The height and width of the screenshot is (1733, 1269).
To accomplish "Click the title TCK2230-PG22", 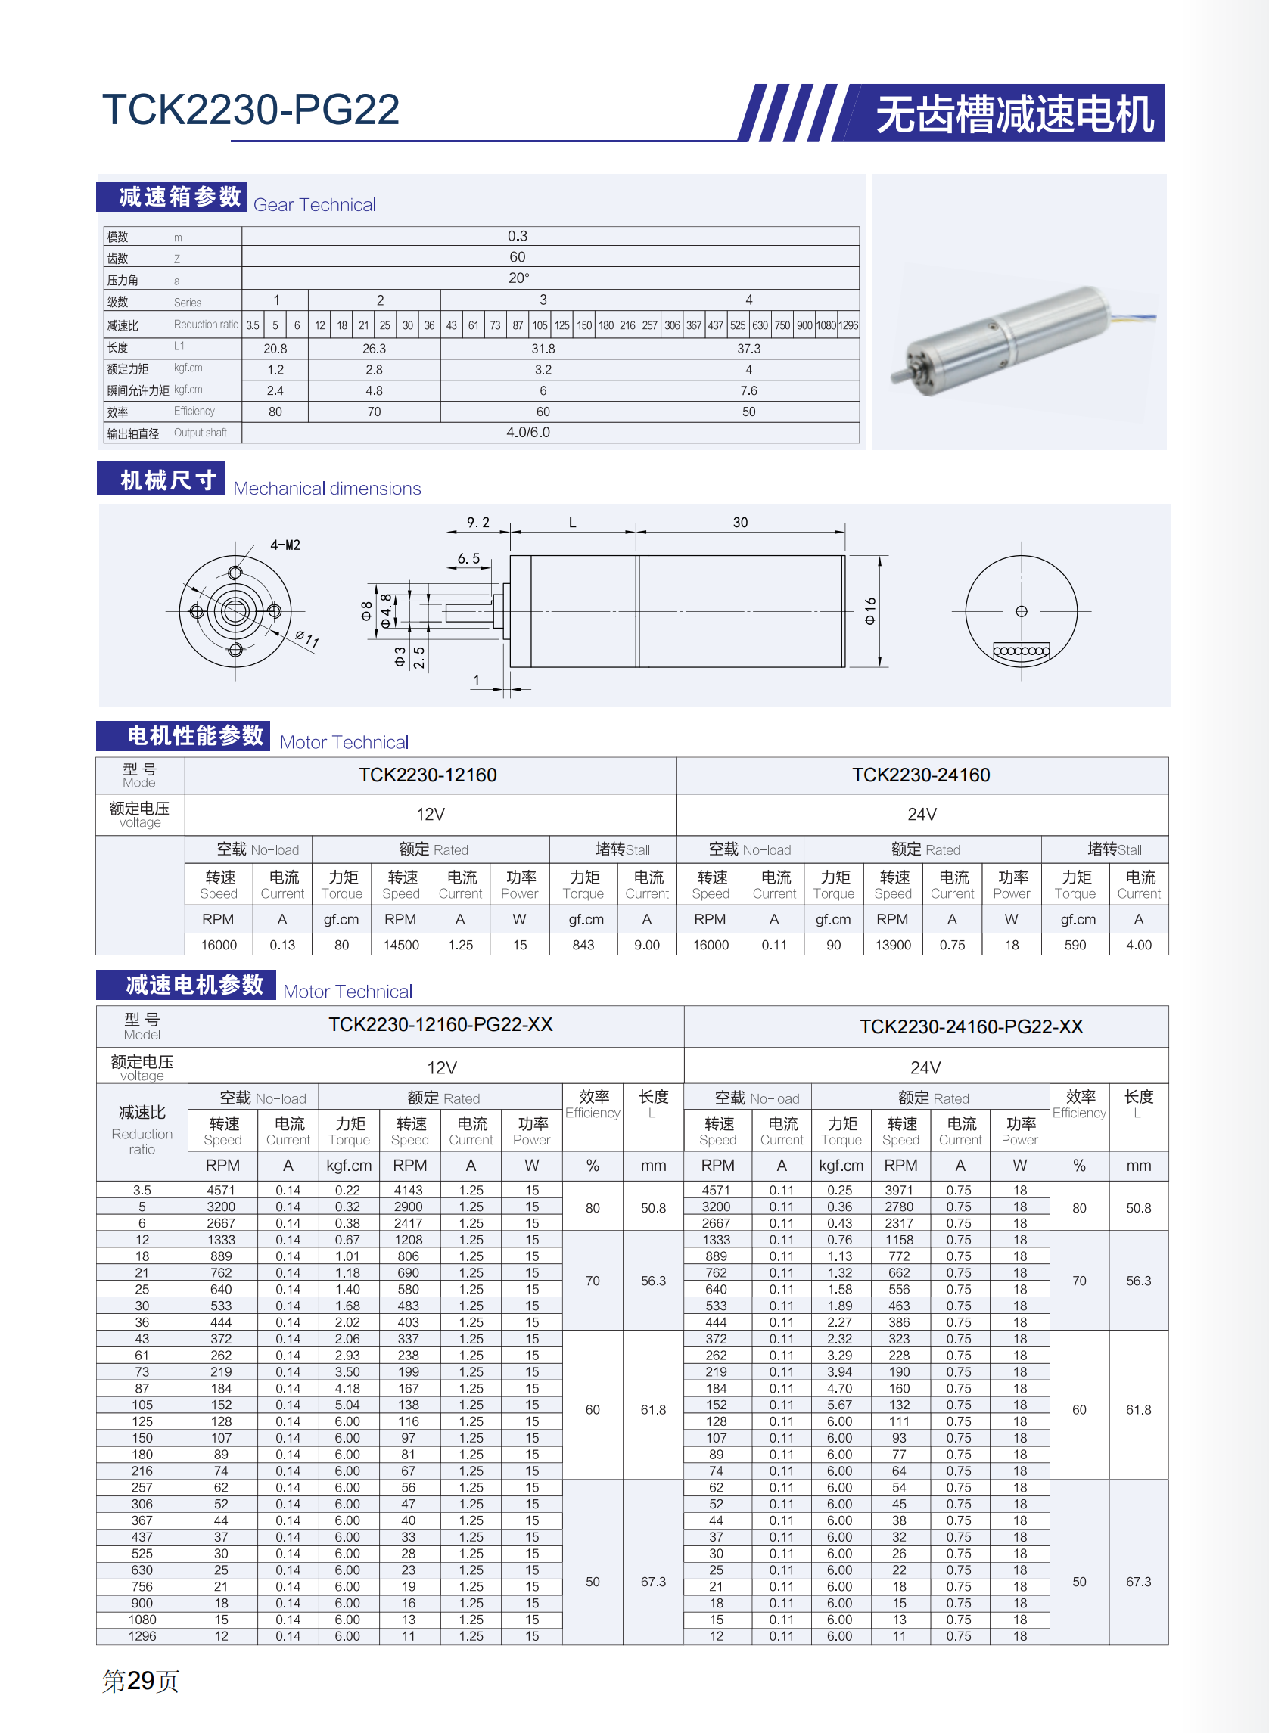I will click(250, 110).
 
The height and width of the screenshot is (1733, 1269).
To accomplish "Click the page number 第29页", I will click(141, 1681).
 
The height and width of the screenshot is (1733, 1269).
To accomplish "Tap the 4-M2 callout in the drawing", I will click(285, 545).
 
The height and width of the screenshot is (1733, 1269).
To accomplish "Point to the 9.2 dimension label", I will click(477, 523).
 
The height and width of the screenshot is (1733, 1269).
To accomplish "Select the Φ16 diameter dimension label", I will click(869, 610).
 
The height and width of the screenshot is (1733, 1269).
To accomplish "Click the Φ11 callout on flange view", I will click(306, 638).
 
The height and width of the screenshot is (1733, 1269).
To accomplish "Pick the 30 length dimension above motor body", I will click(740, 523).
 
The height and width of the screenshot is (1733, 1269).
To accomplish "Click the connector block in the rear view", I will click(1021, 651).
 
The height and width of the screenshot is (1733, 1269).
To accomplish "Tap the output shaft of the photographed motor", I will click(897, 376).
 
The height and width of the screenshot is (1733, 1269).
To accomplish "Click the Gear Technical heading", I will click(314, 205).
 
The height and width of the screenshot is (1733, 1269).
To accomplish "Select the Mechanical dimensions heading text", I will click(326, 489).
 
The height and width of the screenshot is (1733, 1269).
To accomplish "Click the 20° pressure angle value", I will click(518, 278).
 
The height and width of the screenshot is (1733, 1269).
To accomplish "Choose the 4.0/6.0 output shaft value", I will click(527, 432).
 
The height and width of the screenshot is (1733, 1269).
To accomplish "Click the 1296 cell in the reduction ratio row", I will click(848, 325).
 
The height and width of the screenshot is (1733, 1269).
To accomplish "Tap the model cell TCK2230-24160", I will click(920, 775).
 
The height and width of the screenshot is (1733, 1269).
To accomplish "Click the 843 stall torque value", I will click(583, 945).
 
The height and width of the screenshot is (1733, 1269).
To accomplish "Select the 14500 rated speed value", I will click(401, 945).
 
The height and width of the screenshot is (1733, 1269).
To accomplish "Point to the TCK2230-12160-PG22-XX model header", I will click(440, 1025).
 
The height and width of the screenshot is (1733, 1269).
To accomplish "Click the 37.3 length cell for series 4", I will click(748, 349).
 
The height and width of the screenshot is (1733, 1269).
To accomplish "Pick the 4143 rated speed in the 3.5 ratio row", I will click(408, 1190).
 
